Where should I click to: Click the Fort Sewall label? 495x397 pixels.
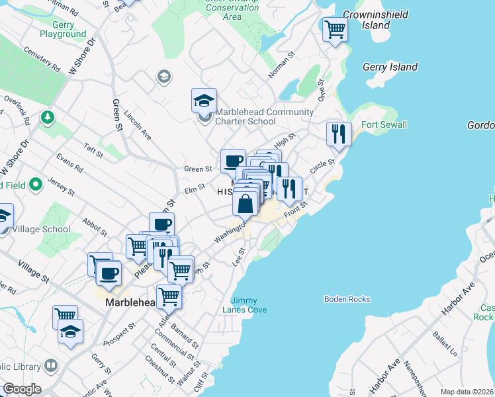pyautogui.click(x=384, y=124)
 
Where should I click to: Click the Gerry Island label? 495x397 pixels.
pyautogui.click(x=390, y=67)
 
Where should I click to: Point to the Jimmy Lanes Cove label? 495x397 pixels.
pyautogui.click(x=249, y=305)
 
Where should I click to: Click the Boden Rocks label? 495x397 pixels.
pyautogui.click(x=347, y=299)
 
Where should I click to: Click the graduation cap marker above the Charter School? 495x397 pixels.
pyautogui.click(x=204, y=101)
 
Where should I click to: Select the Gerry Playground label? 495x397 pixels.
pyautogui.click(x=63, y=29)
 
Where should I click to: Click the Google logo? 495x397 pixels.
pyautogui.click(x=22, y=389)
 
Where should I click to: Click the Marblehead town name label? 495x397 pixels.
pyautogui.click(x=130, y=302)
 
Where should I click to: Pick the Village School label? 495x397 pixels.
pyautogui.click(x=46, y=229)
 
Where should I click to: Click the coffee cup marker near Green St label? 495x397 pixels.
pyautogui.click(x=233, y=161)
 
